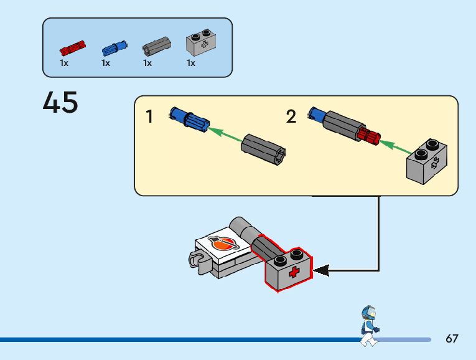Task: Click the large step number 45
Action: [60, 102]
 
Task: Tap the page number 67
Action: [452, 338]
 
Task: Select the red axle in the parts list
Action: [73, 49]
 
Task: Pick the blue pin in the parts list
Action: [114, 49]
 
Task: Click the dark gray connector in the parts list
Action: [157, 46]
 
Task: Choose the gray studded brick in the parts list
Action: [200, 43]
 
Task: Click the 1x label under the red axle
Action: [64, 63]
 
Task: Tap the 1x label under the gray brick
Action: [191, 63]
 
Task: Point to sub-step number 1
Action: [149, 116]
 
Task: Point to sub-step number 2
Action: [291, 116]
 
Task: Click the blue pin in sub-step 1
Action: [189, 120]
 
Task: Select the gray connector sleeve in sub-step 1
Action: [263, 149]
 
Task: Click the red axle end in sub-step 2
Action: [369, 136]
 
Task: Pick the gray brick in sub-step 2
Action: [427, 161]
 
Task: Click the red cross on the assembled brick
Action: [294, 272]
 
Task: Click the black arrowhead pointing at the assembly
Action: [321, 270]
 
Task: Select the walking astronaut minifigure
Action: [370, 326]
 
